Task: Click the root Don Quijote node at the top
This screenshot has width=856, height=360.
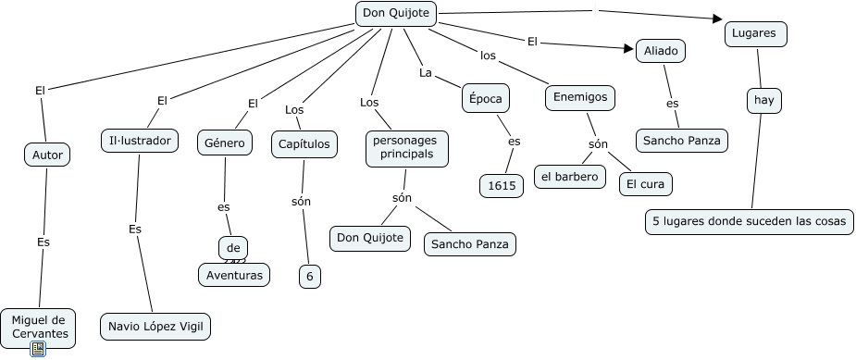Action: click(396, 14)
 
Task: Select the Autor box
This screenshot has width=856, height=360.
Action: click(47, 155)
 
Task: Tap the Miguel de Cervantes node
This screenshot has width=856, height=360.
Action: click(38, 326)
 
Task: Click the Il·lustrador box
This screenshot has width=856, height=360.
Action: click(139, 141)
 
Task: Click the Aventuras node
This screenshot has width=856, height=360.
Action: click(234, 274)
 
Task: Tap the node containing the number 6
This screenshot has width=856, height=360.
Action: click(310, 276)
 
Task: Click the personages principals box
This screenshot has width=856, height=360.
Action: click(407, 147)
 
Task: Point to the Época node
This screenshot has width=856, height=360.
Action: click(487, 97)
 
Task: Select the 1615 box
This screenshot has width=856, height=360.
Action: click(502, 185)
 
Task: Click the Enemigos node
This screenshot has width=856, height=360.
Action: click(580, 97)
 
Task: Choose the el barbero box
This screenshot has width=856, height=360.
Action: click(570, 176)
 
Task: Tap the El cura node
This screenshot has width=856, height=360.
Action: click(646, 183)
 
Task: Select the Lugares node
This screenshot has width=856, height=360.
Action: click(755, 32)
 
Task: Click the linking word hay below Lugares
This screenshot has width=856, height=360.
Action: click(763, 99)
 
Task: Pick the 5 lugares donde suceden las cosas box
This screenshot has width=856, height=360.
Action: click(749, 221)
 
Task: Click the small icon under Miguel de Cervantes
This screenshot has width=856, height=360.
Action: click(38, 349)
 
